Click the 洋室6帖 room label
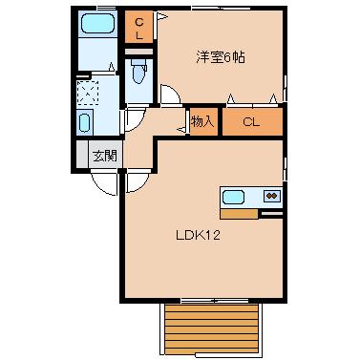pos(221,57)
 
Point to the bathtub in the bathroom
pos(95,24)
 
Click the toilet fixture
pos(139,71)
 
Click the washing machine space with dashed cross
pos(89,93)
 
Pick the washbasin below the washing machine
pos(83,123)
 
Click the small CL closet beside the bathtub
pos(139,27)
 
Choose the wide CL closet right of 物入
pos(252,121)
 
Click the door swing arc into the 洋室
pos(169,94)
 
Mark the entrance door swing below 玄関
pos(103,181)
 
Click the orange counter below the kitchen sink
pos(239,213)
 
